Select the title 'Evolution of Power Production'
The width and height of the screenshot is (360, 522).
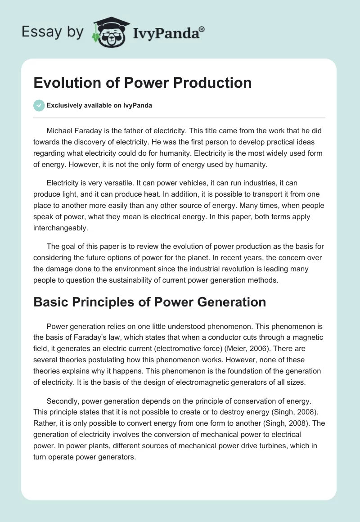[142, 83]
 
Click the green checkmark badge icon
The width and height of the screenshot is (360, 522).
[39, 105]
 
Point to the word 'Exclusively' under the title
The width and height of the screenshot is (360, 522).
[64, 106]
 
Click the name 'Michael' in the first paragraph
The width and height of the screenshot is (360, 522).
[60, 130]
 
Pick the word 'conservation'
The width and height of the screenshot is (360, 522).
[243, 400]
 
